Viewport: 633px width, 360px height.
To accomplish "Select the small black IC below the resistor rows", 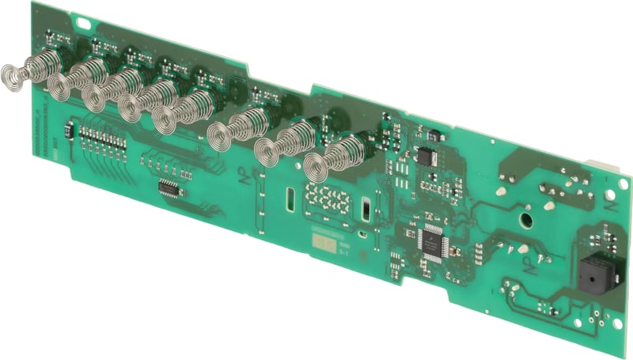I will [169, 188].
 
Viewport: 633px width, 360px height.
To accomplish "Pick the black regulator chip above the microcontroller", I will [428, 156].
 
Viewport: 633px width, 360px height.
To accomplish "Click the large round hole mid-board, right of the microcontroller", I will [524, 215].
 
